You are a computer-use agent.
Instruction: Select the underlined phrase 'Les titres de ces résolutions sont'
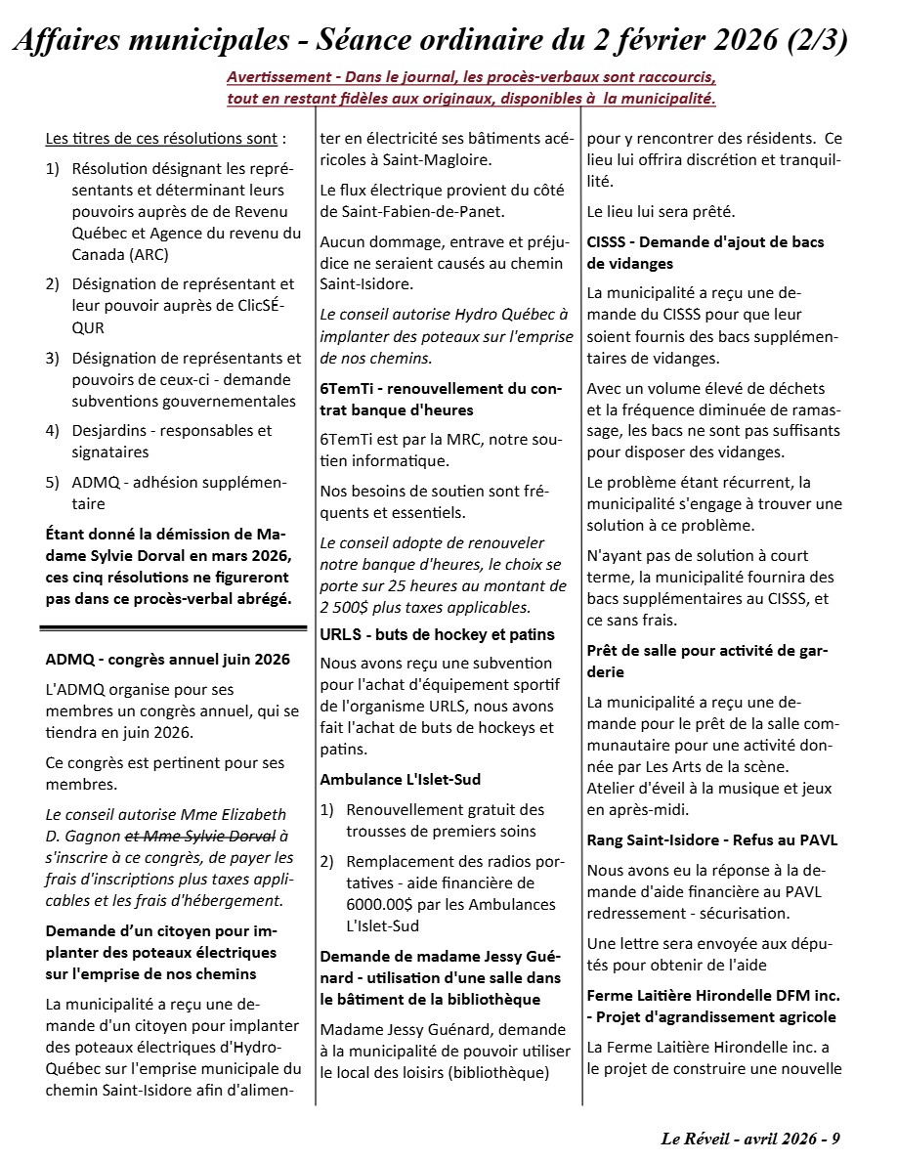pos(162,139)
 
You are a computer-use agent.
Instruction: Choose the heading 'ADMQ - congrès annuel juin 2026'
pos(168,659)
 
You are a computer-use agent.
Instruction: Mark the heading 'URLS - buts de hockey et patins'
pos(437,635)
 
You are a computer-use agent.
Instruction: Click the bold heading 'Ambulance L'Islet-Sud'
pos(400,779)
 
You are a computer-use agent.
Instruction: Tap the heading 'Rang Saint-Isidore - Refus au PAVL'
pos(711,840)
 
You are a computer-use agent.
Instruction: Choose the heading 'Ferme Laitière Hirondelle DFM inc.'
pos(713,995)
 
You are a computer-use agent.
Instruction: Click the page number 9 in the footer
pos(836,1139)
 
